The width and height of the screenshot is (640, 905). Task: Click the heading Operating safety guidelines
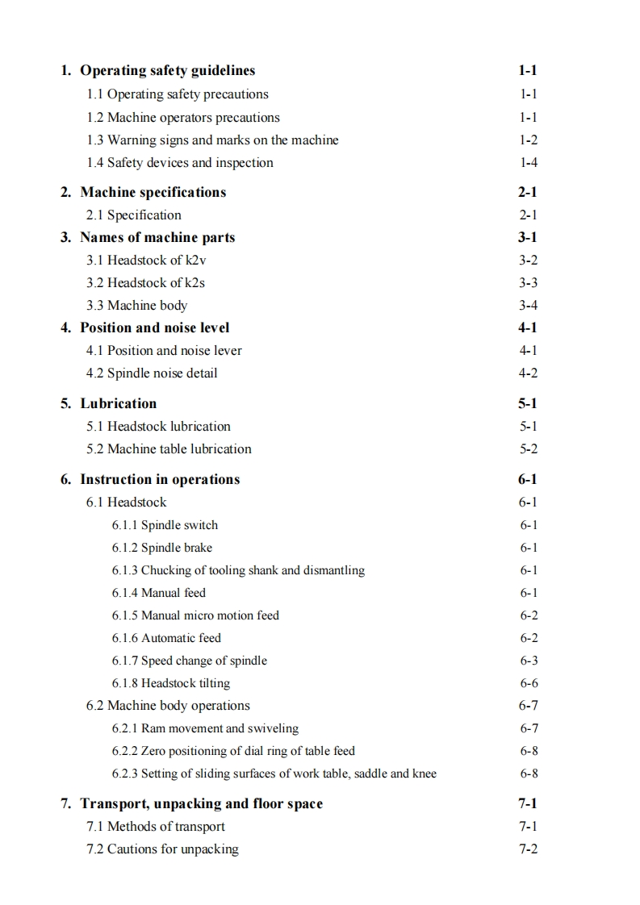coord(167,71)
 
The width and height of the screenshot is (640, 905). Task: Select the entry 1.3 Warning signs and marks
coord(212,140)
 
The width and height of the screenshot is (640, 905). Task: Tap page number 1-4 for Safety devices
coord(529,163)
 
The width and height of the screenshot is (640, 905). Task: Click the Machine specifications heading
coord(153,192)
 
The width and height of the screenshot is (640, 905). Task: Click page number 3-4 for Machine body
coord(529,305)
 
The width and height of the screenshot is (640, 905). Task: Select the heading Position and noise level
coord(154,327)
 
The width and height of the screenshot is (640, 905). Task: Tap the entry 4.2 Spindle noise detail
coord(152,373)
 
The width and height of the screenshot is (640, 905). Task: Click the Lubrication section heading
coord(118,403)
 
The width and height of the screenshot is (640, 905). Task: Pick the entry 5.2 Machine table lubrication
coord(169,448)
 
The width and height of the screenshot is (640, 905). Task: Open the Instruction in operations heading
coord(160,479)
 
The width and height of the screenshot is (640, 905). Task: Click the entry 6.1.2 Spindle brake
coord(162,548)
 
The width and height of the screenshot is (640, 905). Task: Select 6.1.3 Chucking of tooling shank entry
coord(238,570)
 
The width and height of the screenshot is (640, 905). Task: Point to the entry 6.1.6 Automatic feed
coord(166,638)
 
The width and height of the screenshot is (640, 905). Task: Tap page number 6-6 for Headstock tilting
coord(529,683)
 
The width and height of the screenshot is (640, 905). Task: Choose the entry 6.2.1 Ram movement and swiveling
coord(205,728)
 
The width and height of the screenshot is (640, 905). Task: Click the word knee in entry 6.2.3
coord(425,774)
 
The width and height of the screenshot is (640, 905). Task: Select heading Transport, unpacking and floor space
coord(201,803)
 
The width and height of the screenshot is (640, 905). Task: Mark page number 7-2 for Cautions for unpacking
coord(529,849)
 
